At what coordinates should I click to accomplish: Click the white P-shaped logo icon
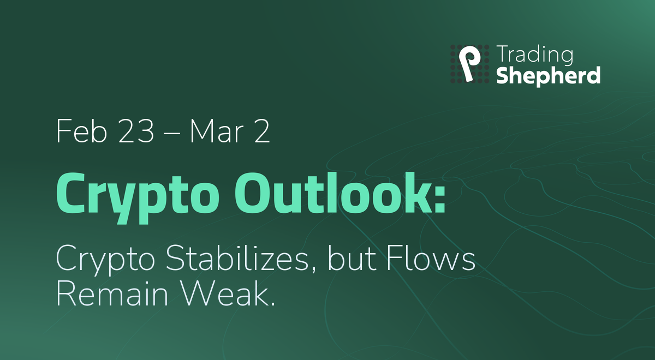click(x=469, y=63)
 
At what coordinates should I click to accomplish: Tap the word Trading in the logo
click(x=535, y=55)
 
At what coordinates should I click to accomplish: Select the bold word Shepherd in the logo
click(x=549, y=76)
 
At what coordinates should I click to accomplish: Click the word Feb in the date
click(x=81, y=131)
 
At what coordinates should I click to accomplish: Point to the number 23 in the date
click(x=136, y=131)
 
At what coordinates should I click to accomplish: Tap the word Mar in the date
click(x=217, y=131)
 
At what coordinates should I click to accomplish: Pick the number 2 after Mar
click(x=261, y=131)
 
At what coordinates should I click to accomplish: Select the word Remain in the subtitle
click(x=112, y=293)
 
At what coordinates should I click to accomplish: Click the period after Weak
click(x=273, y=303)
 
